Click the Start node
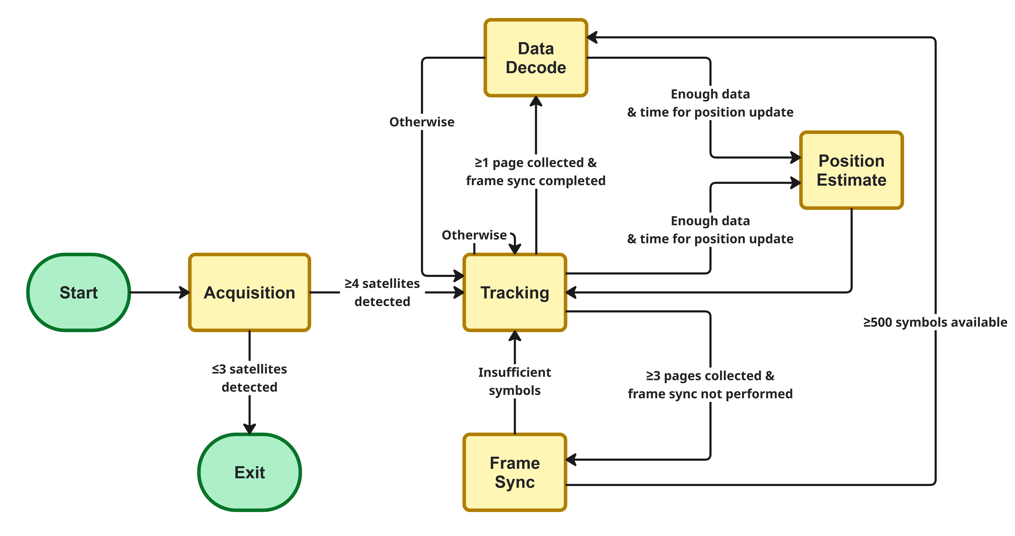tap(78, 292)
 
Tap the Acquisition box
tap(249, 292)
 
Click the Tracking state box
tap(515, 292)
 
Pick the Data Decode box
tap(535, 58)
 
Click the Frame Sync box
tap(515, 472)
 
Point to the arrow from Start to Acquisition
tap(160, 292)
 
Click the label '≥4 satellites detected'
tap(382, 292)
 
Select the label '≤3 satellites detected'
tap(249, 378)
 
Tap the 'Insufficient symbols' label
tap(515, 381)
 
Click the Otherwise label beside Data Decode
tap(422, 122)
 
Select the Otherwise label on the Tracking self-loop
tap(474, 235)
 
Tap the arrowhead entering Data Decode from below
tap(535, 101)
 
